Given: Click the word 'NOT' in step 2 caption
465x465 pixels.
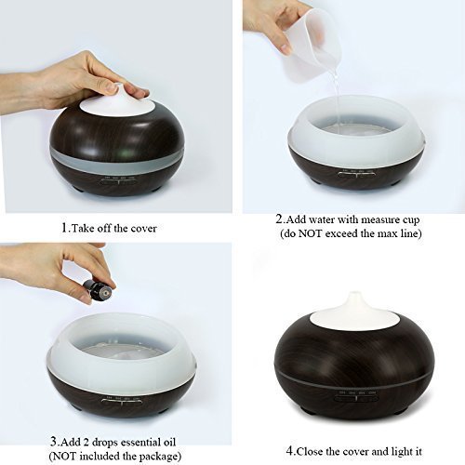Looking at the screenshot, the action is click(310, 233).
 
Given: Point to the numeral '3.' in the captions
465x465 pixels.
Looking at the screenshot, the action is click(55, 441).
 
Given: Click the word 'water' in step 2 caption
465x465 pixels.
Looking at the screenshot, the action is click(322, 219).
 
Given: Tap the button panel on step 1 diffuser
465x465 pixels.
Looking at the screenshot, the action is click(120, 180).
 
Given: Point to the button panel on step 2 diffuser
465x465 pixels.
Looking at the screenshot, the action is click(357, 174).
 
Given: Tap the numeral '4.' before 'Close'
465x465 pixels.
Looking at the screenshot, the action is click(291, 451).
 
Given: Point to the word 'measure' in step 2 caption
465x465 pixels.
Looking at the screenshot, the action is click(374, 219).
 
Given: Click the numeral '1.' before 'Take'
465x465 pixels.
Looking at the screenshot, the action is click(65, 229).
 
